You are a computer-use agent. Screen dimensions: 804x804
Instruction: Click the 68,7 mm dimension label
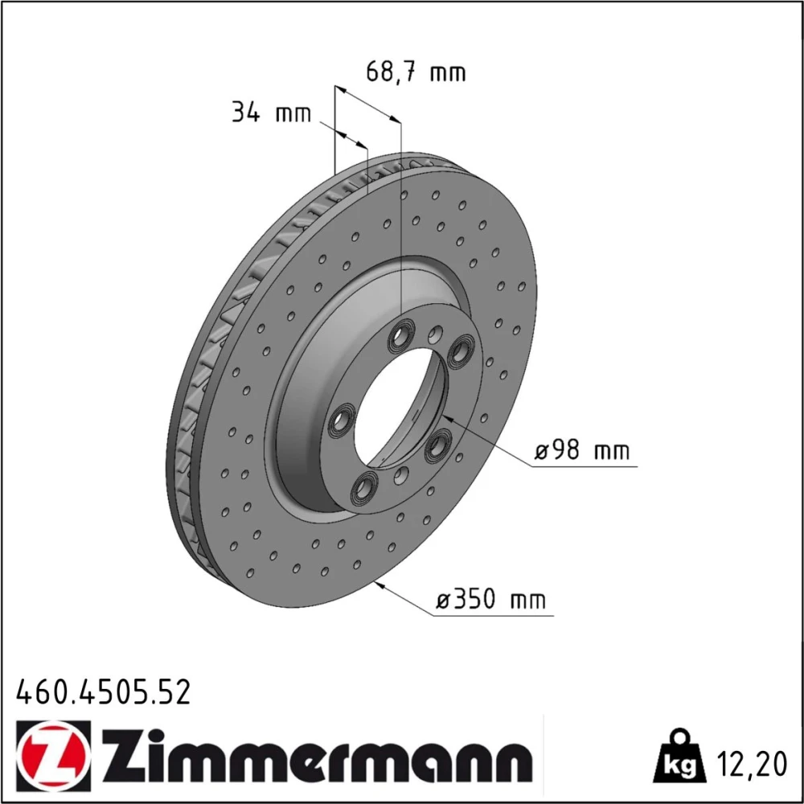pyautogui.click(x=416, y=72)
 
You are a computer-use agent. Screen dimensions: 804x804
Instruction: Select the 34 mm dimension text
pyautogui.click(x=271, y=112)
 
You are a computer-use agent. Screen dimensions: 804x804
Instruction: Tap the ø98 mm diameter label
pyautogui.click(x=582, y=451)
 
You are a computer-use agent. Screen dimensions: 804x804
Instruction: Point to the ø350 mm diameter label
pyautogui.click(x=491, y=598)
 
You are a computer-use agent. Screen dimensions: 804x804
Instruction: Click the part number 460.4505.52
pyautogui.click(x=104, y=691)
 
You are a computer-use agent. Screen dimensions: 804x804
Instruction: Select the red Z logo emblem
pyautogui.click(x=53, y=756)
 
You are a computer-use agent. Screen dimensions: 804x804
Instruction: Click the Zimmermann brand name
pyautogui.click(x=316, y=756)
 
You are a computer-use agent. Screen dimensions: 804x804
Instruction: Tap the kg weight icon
pyautogui.click(x=680, y=757)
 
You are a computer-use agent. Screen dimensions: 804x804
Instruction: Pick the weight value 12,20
pyautogui.click(x=751, y=765)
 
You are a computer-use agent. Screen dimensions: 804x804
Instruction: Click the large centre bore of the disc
pyautogui.click(x=400, y=408)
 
